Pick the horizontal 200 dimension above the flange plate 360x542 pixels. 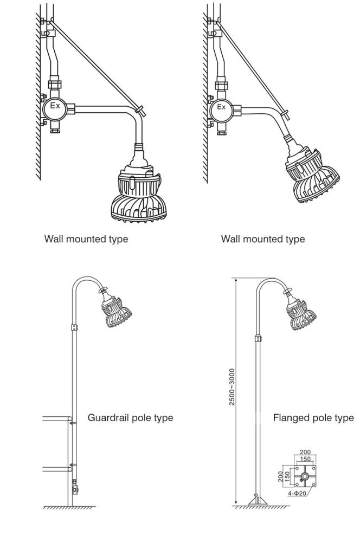pyautogui.click(x=305, y=451)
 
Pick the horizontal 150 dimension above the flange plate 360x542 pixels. pyautogui.click(x=305, y=459)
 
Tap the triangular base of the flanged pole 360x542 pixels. pyautogui.click(x=256, y=500)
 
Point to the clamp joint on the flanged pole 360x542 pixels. pyautogui.click(x=258, y=338)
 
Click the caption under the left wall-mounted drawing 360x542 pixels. pyautogui.click(x=86, y=239)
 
